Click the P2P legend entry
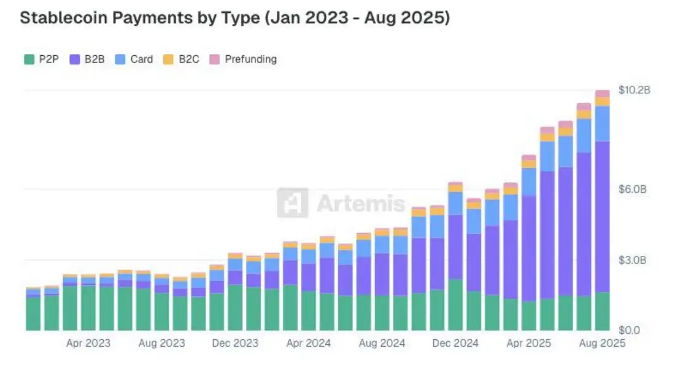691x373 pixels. (41, 60)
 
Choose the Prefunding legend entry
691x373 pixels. (243, 60)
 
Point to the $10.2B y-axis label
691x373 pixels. (634, 90)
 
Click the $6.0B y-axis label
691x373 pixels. (633, 189)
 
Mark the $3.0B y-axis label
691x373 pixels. (633, 260)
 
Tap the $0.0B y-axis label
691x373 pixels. (633, 330)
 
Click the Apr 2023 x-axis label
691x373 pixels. (88, 343)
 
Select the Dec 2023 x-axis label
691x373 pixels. (235, 343)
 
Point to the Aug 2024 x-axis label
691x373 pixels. (382, 343)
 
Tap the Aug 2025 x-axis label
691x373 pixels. (602, 343)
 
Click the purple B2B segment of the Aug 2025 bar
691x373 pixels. (602, 215)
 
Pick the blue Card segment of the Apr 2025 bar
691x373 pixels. (528, 182)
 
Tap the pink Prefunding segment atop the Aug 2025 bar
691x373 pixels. (602, 93)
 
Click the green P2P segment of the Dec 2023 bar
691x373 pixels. (235, 307)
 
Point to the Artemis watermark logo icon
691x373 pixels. (292, 202)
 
